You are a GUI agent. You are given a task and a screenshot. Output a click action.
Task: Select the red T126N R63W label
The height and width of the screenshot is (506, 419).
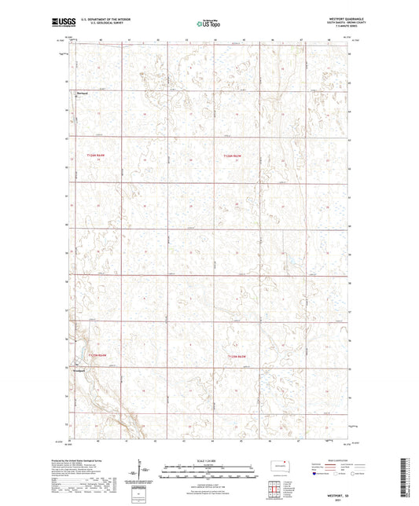point(231,156)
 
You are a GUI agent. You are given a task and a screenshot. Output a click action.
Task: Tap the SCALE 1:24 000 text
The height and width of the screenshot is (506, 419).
point(208,460)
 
